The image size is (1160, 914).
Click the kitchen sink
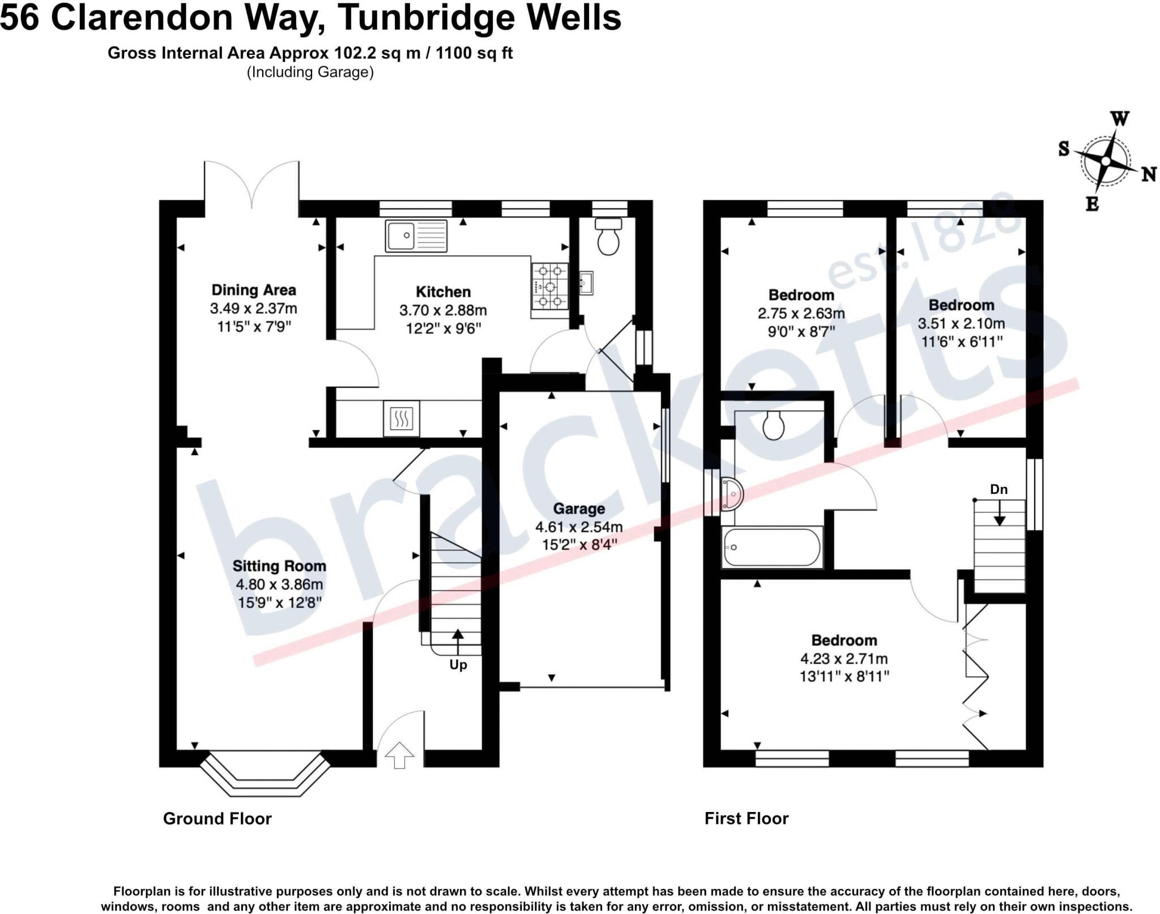(x=416, y=236)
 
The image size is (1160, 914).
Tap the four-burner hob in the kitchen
(x=549, y=286)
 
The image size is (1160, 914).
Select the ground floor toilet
(x=608, y=238)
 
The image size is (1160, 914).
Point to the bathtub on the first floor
(x=771, y=548)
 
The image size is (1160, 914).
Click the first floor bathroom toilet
(x=773, y=426)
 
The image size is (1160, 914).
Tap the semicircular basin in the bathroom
(x=733, y=494)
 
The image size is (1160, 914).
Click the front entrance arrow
(x=399, y=754)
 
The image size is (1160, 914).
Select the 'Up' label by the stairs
(x=458, y=665)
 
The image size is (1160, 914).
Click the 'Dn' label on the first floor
(x=999, y=489)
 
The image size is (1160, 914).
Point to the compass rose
(x=1105, y=161)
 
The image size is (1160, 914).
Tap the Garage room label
(x=579, y=509)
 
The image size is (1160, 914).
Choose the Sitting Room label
(x=279, y=566)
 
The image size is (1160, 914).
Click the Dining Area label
(x=254, y=290)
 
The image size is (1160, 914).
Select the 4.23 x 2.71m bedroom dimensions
(x=844, y=659)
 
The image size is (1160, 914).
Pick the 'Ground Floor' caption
(x=217, y=818)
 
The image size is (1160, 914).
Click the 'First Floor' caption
(x=747, y=818)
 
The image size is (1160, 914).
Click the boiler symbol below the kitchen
(x=402, y=418)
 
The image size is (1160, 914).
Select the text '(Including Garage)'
(x=310, y=72)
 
